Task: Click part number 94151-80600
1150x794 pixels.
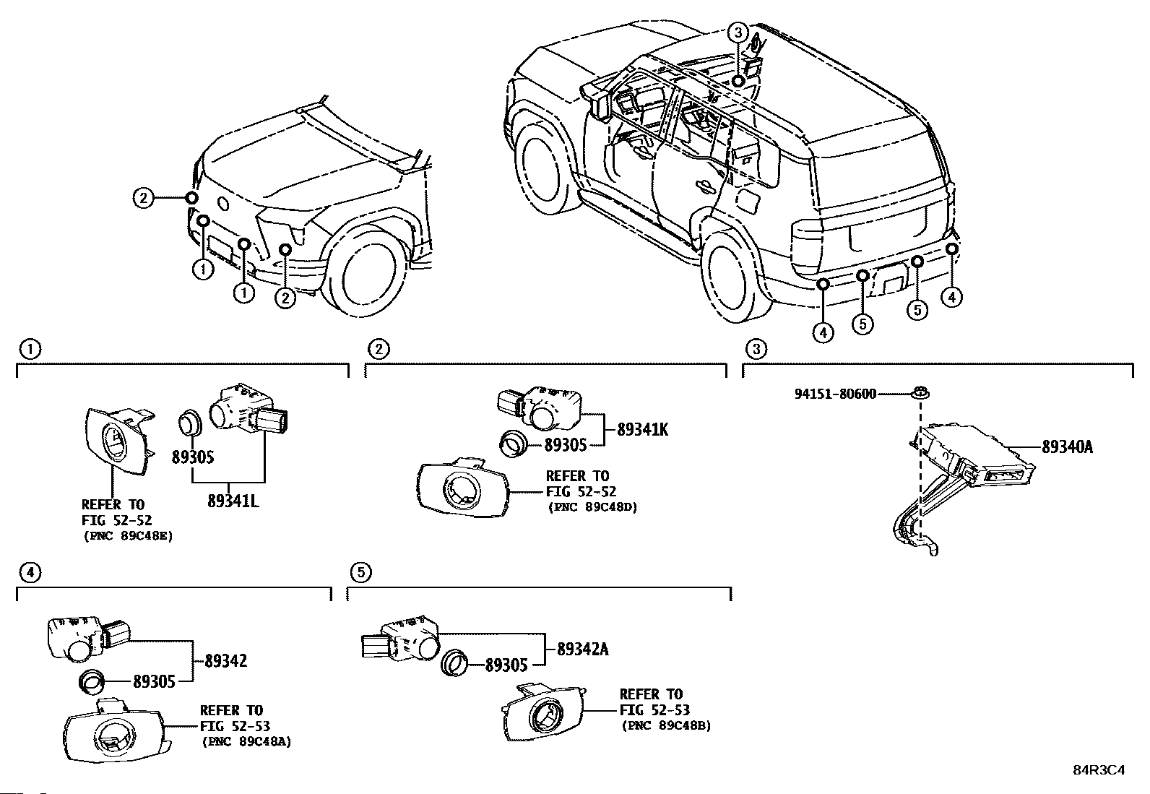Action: click(x=835, y=394)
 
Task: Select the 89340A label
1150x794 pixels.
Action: click(x=1068, y=447)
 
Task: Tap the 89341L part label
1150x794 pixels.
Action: click(x=233, y=501)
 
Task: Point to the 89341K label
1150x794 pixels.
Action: click(x=642, y=429)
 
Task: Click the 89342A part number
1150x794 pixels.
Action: click(x=583, y=650)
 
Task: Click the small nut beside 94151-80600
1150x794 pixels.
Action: click(x=920, y=394)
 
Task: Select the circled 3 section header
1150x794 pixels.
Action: click(x=756, y=350)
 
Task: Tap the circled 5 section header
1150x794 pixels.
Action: click(x=361, y=572)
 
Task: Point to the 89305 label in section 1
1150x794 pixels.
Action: click(x=193, y=457)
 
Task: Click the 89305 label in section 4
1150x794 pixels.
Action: click(x=154, y=681)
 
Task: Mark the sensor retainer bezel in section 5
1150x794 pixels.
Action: click(x=544, y=713)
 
